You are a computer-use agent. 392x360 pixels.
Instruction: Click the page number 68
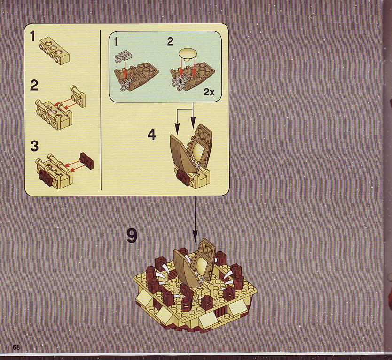[16, 347]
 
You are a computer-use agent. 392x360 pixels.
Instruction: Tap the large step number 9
[132, 235]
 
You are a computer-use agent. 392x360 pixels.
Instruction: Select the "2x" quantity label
[209, 92]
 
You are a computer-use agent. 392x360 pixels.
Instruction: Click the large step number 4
[151, 134]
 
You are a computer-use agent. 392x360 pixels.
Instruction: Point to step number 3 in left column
[34, 146]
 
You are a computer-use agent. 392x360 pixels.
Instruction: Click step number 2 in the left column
[34, 86]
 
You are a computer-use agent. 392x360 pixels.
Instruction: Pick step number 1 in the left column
[32, 36]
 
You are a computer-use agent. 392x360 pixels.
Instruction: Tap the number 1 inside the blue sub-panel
[116, 41]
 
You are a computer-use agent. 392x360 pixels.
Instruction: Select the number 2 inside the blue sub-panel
[170, 41]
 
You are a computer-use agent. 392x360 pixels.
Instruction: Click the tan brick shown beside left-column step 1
[54, 50]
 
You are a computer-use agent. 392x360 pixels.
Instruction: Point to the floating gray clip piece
[123, 56]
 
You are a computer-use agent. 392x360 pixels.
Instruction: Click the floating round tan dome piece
[188, 54]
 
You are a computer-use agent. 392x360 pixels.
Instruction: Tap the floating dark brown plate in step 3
[87, 161]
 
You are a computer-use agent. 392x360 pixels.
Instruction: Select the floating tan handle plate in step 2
[78, 96]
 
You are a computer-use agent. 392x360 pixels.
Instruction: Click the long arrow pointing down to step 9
[195, 219]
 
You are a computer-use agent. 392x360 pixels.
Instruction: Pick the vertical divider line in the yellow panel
[101, 110]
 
